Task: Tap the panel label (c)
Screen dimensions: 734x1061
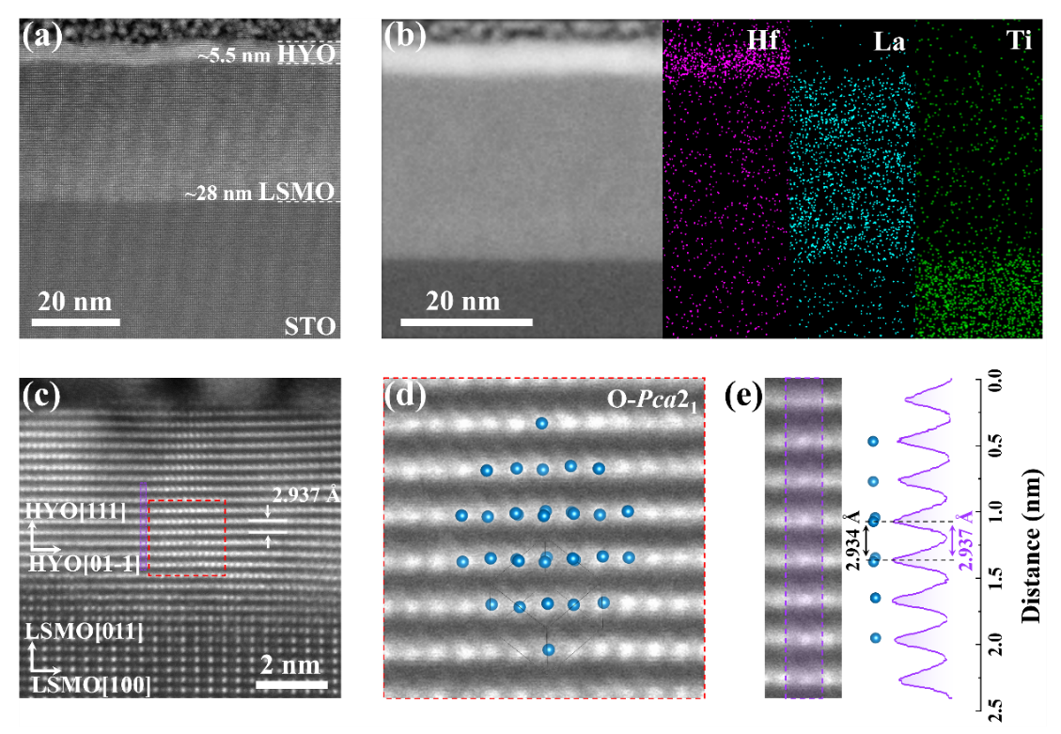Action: tap(42, 398)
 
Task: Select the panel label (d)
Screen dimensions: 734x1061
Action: tap(407, 398)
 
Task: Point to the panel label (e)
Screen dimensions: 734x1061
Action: tap(747, 398)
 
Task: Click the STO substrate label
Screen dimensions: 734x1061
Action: tap(309, 326)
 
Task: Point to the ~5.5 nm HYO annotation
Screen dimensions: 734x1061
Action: tap(266, 55)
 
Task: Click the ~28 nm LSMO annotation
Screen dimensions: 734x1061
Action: tap(259, 194)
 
